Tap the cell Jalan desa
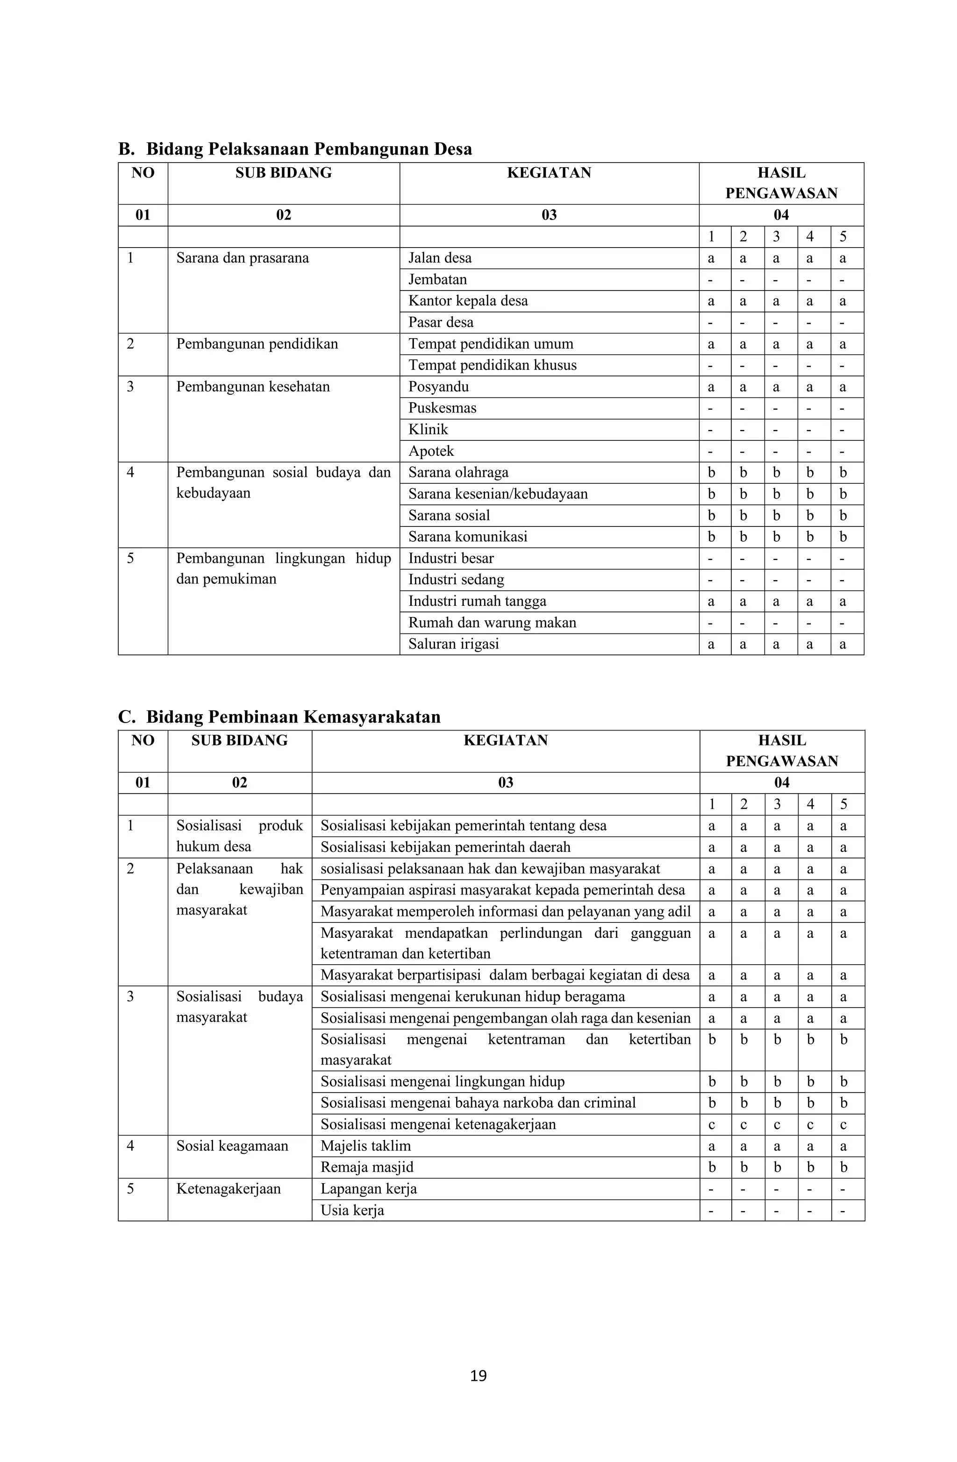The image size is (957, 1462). point(440,258)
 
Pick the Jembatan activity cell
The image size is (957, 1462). point(438,279)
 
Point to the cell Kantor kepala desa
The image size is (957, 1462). point(468,301)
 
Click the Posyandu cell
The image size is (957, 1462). point(438,387)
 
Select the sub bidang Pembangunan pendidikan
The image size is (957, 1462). point(257,344)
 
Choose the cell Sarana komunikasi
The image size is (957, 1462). point(468,537)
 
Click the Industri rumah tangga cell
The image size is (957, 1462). point(477,602)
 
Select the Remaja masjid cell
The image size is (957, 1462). point(367,1167)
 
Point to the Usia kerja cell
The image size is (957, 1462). point(352,1210)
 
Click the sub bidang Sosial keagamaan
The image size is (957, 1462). point(232,1146)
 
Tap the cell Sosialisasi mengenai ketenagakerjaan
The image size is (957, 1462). point(438,1124)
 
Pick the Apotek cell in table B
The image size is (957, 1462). point(431,452)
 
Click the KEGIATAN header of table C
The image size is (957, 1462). point(505,741)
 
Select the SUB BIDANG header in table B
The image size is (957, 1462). point(283,173)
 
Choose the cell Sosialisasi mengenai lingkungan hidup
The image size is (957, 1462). point(442,1081)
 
